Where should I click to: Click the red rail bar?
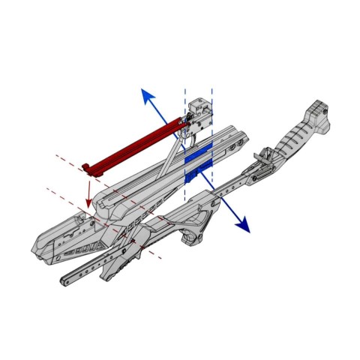(x=135, y=142)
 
